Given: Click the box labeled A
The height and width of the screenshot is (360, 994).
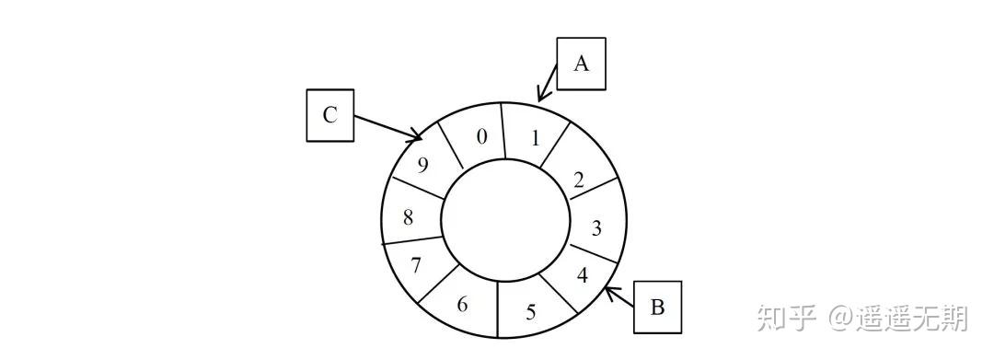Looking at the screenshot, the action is tap(582, 64).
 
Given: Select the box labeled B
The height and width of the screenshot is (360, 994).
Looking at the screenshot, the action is tap(658, 308).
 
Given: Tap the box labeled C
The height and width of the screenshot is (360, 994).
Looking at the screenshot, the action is tap(330, 115).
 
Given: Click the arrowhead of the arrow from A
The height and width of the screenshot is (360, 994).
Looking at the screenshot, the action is tap(540, 95).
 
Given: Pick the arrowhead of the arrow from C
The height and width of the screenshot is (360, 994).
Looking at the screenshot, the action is tap(417, 135).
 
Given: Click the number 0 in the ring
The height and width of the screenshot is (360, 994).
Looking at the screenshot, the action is tap(482, 137).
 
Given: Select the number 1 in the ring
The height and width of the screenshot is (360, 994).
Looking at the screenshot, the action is tap(536, 138).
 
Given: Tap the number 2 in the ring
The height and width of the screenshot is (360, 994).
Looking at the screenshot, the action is tap(578, 180).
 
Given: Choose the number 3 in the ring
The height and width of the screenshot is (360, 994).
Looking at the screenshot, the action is tap(596, 227).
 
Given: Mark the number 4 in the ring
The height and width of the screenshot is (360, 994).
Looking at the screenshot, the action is tap(584, 275).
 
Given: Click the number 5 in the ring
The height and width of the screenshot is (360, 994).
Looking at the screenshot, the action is tap(531, 312).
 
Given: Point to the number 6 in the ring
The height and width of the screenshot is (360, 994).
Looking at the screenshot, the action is tap(462, 304).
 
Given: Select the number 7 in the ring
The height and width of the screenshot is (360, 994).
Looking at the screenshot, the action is tap(416, 265).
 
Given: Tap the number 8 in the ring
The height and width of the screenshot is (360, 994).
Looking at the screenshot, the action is tap(409, 218).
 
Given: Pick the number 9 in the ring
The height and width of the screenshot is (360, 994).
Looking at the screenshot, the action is tap(422, 164).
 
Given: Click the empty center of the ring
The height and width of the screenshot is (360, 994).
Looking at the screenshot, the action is tap(506, 218).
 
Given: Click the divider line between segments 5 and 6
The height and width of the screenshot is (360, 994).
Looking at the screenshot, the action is tap(498, 309).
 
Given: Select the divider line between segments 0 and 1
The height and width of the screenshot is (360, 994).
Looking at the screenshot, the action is tap(503, 131).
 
